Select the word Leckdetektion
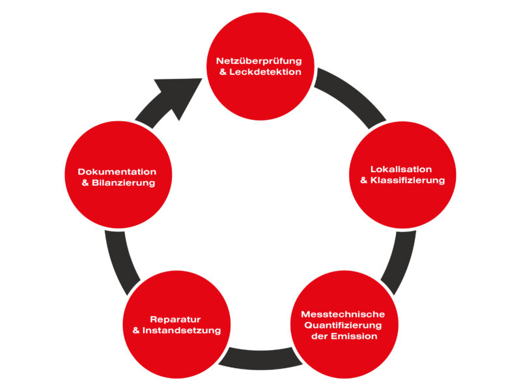point(267,72)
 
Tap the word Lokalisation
point(401,169)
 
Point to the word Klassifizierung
point(408,181)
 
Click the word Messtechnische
point(343,314)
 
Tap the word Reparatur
point(175,319)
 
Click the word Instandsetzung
point(182,330)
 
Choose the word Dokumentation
point(117,172)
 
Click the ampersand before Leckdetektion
point(223,72)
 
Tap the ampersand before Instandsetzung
point(136,330)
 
